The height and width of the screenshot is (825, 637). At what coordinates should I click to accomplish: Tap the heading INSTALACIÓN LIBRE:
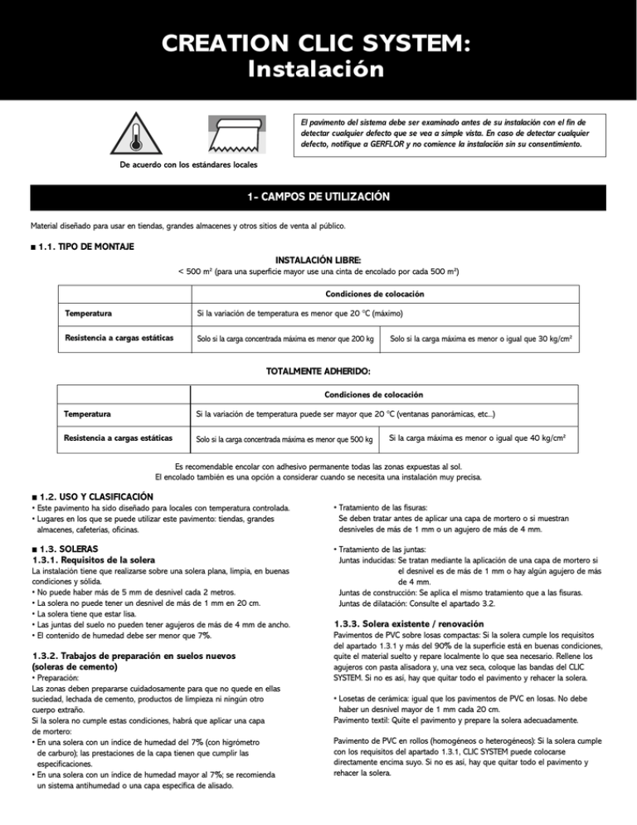pyautogui.click(x=318, y=260)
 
